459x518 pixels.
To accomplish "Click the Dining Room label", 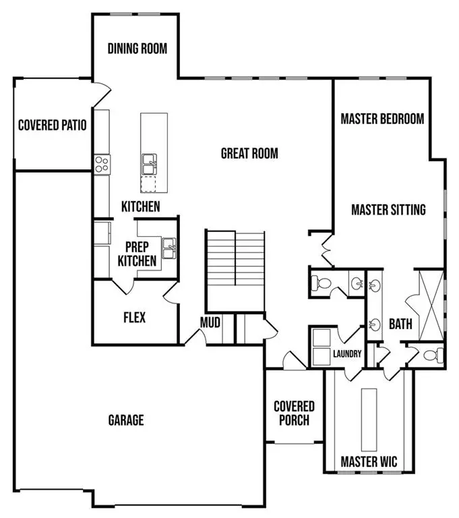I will [137, 49].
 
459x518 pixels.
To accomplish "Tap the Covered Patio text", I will [52, 125].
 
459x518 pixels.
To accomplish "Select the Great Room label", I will [249, 154].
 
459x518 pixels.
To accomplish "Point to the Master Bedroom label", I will [382, 119].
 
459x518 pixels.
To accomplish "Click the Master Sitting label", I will [388, 210].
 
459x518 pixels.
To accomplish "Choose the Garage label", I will [126, 420].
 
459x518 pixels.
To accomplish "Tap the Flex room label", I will [135, 317].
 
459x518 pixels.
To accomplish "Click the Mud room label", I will [210, 323].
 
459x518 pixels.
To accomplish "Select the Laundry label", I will [347, 354].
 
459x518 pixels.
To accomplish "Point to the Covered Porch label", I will [294, 413].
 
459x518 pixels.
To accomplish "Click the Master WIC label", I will [369, 462].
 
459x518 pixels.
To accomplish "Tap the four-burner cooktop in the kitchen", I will [102, 164].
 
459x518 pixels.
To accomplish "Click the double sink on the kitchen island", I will [150, 163].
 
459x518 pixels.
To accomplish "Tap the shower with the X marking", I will [430, 301].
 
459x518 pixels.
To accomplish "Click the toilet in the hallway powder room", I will [321, 284].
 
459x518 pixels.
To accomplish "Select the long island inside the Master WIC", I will [369, 420].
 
